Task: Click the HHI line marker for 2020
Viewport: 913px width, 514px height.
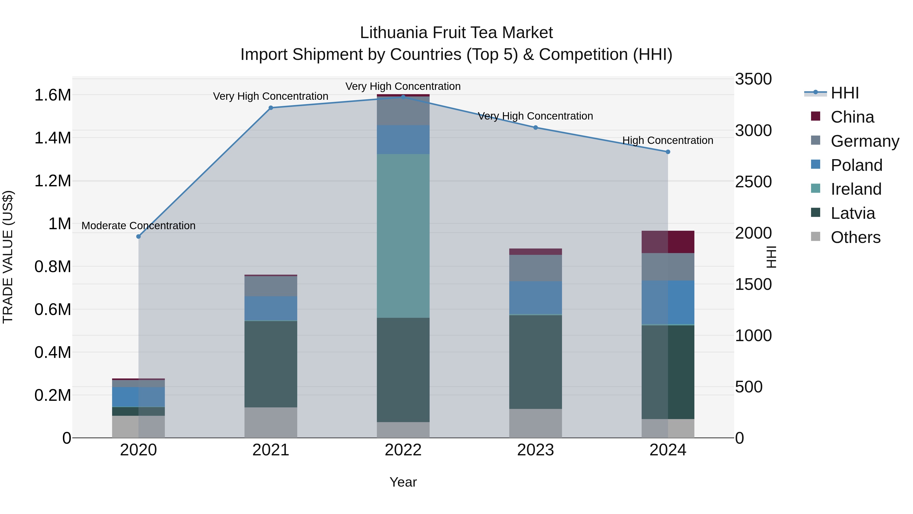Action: tap(138, 237)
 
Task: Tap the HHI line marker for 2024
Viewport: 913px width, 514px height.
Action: tap(668, 152)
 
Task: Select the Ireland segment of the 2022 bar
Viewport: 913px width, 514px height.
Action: tap(403, 236)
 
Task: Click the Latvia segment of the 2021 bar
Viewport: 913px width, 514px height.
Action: tap(271, 364)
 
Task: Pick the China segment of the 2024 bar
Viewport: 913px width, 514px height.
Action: tap(668, 242)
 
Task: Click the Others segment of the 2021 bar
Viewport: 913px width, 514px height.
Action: tap(271, 422)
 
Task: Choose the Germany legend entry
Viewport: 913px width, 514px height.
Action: tap(865, 141)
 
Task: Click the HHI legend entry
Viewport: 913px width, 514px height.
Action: tap(845, 93)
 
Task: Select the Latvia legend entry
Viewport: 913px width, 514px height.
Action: tap(853, 213)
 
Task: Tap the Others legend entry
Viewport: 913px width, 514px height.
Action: tap(855, 237)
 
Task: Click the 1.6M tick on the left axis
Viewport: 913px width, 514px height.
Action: tap(52, 95)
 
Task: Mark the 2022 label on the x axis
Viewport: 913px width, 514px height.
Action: tap(403, 450)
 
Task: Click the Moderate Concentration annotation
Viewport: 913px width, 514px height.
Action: tap(138, 226)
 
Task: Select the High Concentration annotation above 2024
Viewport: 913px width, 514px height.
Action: tap(668, 140)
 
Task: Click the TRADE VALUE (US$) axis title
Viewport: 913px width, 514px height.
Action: tap(8, 257)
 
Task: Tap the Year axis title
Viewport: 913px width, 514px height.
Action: tap(403, 482)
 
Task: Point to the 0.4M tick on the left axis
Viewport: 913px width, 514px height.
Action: tap(52, 352)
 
